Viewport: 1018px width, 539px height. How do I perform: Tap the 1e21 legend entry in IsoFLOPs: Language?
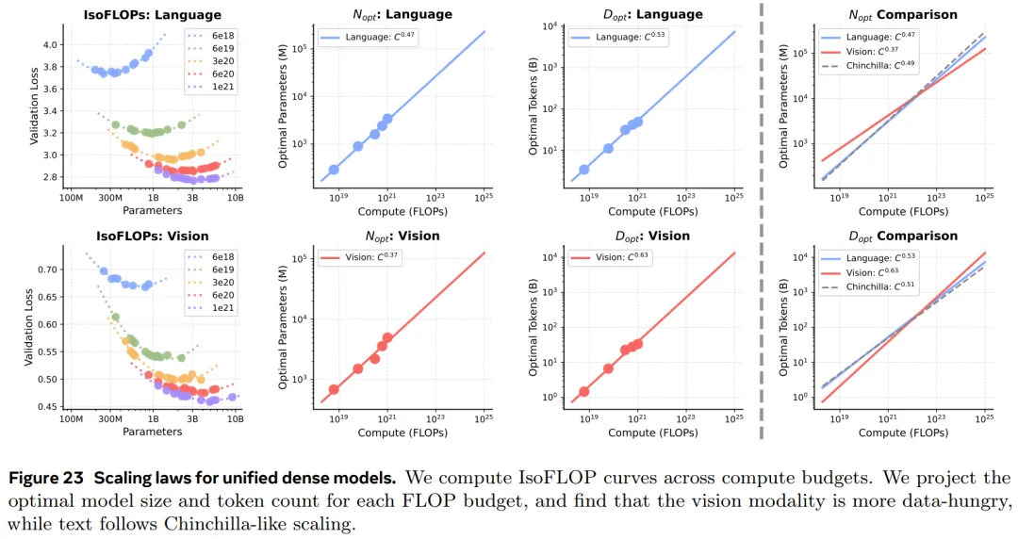216,87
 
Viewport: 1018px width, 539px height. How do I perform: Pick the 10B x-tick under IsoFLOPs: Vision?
235,420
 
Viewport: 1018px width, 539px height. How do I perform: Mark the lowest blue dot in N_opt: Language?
334,170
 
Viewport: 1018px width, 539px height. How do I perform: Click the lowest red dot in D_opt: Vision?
584,391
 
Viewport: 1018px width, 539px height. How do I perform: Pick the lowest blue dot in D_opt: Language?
584,170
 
